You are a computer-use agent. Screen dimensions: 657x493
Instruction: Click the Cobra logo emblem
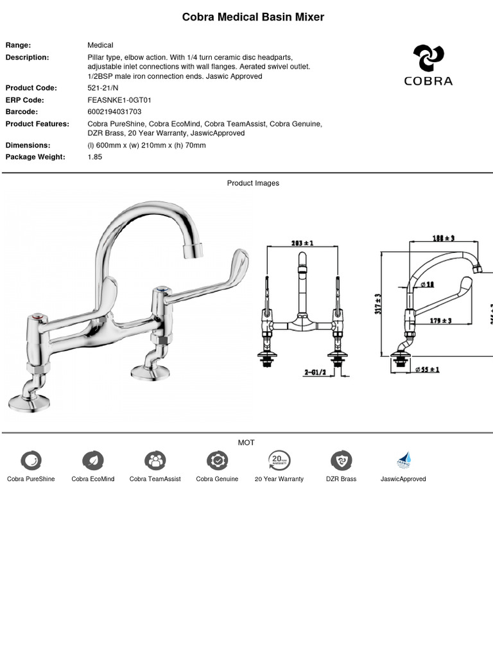(428, 58)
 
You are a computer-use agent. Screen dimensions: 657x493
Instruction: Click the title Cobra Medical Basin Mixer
(253, 17)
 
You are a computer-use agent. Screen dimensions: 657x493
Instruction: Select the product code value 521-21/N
(103, 88)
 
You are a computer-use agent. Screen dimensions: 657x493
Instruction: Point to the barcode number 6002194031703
(114, 112)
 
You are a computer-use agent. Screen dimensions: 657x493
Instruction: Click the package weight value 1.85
(95, 157)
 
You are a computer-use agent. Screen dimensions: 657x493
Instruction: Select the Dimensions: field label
(28, 145)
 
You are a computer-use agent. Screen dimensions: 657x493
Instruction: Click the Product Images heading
(253, 183)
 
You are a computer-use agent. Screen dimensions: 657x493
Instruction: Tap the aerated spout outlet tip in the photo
(193, 251)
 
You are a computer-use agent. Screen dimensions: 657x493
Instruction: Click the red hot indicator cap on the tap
(38, 317)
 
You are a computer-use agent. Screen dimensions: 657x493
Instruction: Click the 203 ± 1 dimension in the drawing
(302, 243)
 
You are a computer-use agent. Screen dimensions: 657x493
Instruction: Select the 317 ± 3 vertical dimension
(379, 303)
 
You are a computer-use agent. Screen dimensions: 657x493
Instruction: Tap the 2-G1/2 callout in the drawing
(316, 371)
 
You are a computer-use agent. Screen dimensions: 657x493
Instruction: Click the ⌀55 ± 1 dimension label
(427, 370)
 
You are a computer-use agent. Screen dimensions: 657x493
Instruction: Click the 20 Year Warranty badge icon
(279, 460)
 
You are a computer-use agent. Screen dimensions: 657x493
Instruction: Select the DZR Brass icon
(341, 460)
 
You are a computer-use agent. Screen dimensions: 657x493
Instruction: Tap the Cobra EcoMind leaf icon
(93, 460)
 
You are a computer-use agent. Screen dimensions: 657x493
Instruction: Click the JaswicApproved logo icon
(403, 460)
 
